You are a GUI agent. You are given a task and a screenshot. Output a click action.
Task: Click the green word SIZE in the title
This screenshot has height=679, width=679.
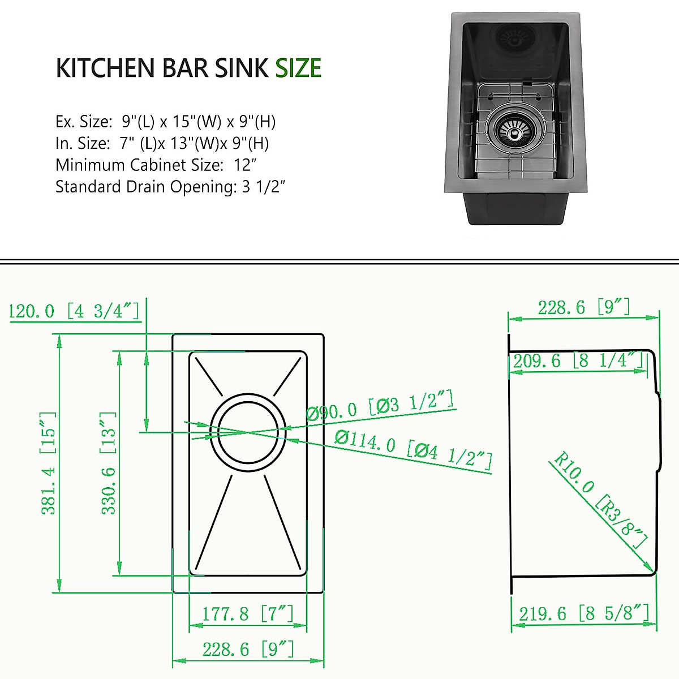point(298,68)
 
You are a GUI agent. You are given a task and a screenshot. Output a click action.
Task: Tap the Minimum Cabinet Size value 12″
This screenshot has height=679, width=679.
point(246,165)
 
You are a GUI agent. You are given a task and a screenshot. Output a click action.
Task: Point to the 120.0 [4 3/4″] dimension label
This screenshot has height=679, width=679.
point(74,311)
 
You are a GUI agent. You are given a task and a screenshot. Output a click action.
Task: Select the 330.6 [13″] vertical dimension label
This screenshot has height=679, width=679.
point(108,463)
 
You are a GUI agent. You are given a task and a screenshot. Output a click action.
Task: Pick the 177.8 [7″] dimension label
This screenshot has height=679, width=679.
point(248,613)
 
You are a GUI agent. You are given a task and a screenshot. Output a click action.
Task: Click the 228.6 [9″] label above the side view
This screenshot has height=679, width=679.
point(583,307)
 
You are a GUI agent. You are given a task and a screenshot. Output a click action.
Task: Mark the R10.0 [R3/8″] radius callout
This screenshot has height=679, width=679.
point(600,500)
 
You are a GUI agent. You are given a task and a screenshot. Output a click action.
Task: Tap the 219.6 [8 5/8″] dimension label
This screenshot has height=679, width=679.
point(583,613)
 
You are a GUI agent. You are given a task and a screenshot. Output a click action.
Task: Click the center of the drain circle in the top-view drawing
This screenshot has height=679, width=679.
point(248,432)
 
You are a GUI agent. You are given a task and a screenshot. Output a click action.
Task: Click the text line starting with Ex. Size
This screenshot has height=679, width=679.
point(165,121)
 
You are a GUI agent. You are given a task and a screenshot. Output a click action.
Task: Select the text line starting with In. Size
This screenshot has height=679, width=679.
point(162,143)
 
